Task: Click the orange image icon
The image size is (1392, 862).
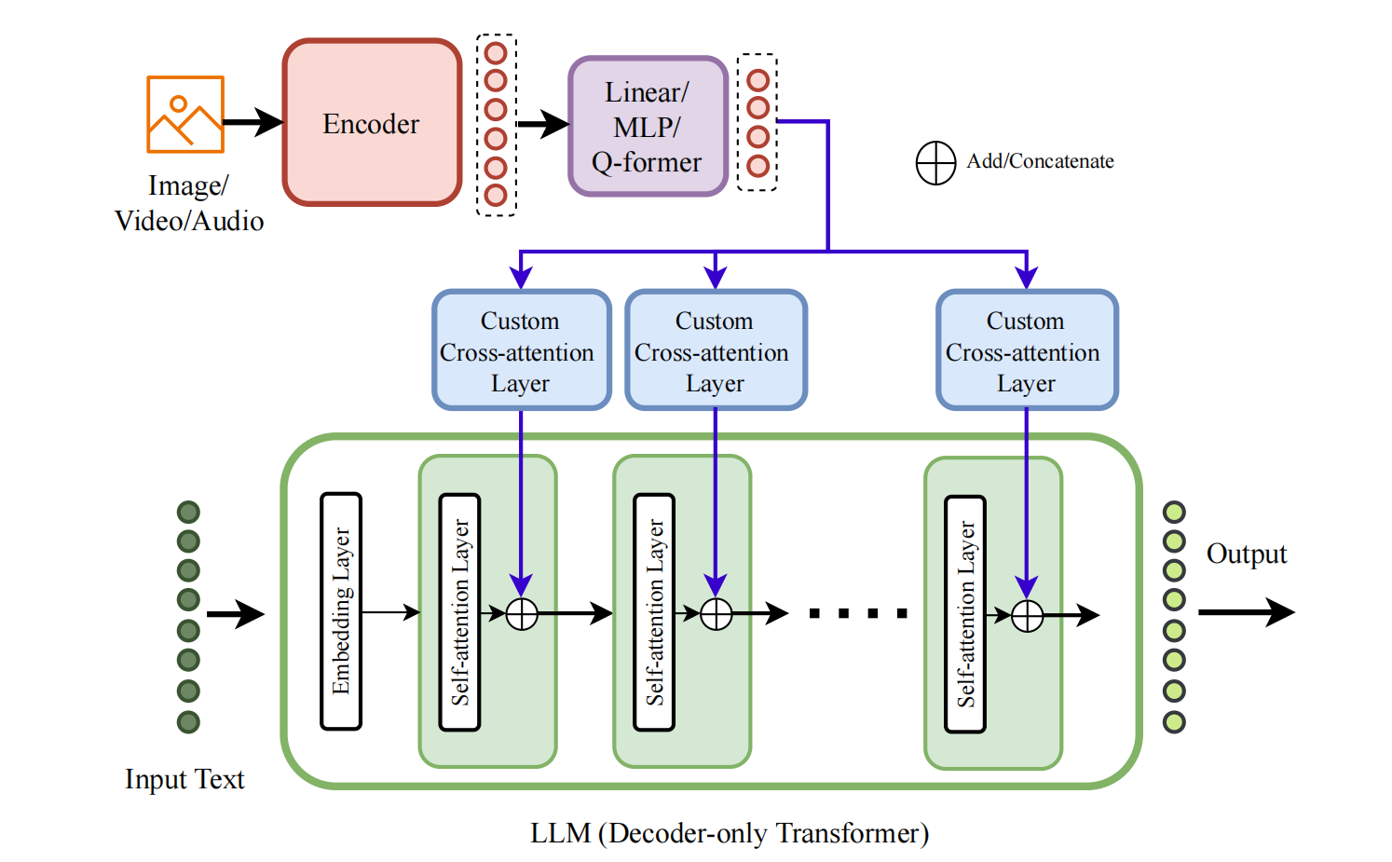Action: tap(185, 115)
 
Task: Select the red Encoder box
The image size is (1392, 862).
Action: tap(372, 123)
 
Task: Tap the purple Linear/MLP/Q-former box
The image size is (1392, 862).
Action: tap(648, 127)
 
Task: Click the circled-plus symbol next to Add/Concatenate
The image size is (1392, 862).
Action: tap(935, 163)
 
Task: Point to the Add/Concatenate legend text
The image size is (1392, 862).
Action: tap(1040, 161)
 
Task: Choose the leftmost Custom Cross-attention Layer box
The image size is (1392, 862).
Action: tap(521, 350)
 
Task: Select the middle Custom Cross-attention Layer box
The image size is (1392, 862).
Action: tap(715, 350)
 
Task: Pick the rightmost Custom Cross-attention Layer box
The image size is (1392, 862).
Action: tap(1026, 350)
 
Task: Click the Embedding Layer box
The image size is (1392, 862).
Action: tap(341, 611)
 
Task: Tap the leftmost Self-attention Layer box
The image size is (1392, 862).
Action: tap(459, 611)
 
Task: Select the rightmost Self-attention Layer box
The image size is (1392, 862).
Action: tap(965, 614)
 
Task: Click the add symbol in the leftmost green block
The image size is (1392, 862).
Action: tap(522, 614)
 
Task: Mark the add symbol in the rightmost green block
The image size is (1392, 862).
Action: tap(1027, 616)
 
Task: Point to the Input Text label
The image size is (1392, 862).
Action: tap(184, 779)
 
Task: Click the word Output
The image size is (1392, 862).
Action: tap(1246, 554)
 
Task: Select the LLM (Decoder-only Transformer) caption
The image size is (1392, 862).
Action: tap(730, 833)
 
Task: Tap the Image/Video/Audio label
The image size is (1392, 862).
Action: tap(189, 203)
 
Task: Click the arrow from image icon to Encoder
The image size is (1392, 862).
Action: tap(252, 122)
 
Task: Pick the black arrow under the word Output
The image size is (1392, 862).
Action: tap(1246, 612)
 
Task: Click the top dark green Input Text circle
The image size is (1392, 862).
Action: tap(188, 512)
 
